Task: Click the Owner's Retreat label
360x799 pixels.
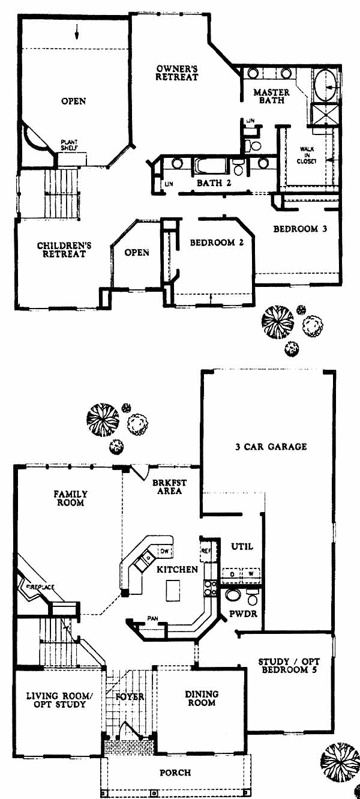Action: click(x=176, y=73)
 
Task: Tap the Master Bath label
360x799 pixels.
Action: click(x=271, y=97)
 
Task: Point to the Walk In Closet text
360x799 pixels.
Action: click(x=310, y=155)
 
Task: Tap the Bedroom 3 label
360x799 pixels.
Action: click(x=299, y=229)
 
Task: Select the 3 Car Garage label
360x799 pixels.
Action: click(x=271, y=446)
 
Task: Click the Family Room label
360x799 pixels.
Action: click(x=71, y=498)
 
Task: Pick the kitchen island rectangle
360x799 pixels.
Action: click(x=173, y=590)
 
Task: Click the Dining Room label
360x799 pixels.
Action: click(x=202, y=698)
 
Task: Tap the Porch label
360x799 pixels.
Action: click(x=175, y=773)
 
